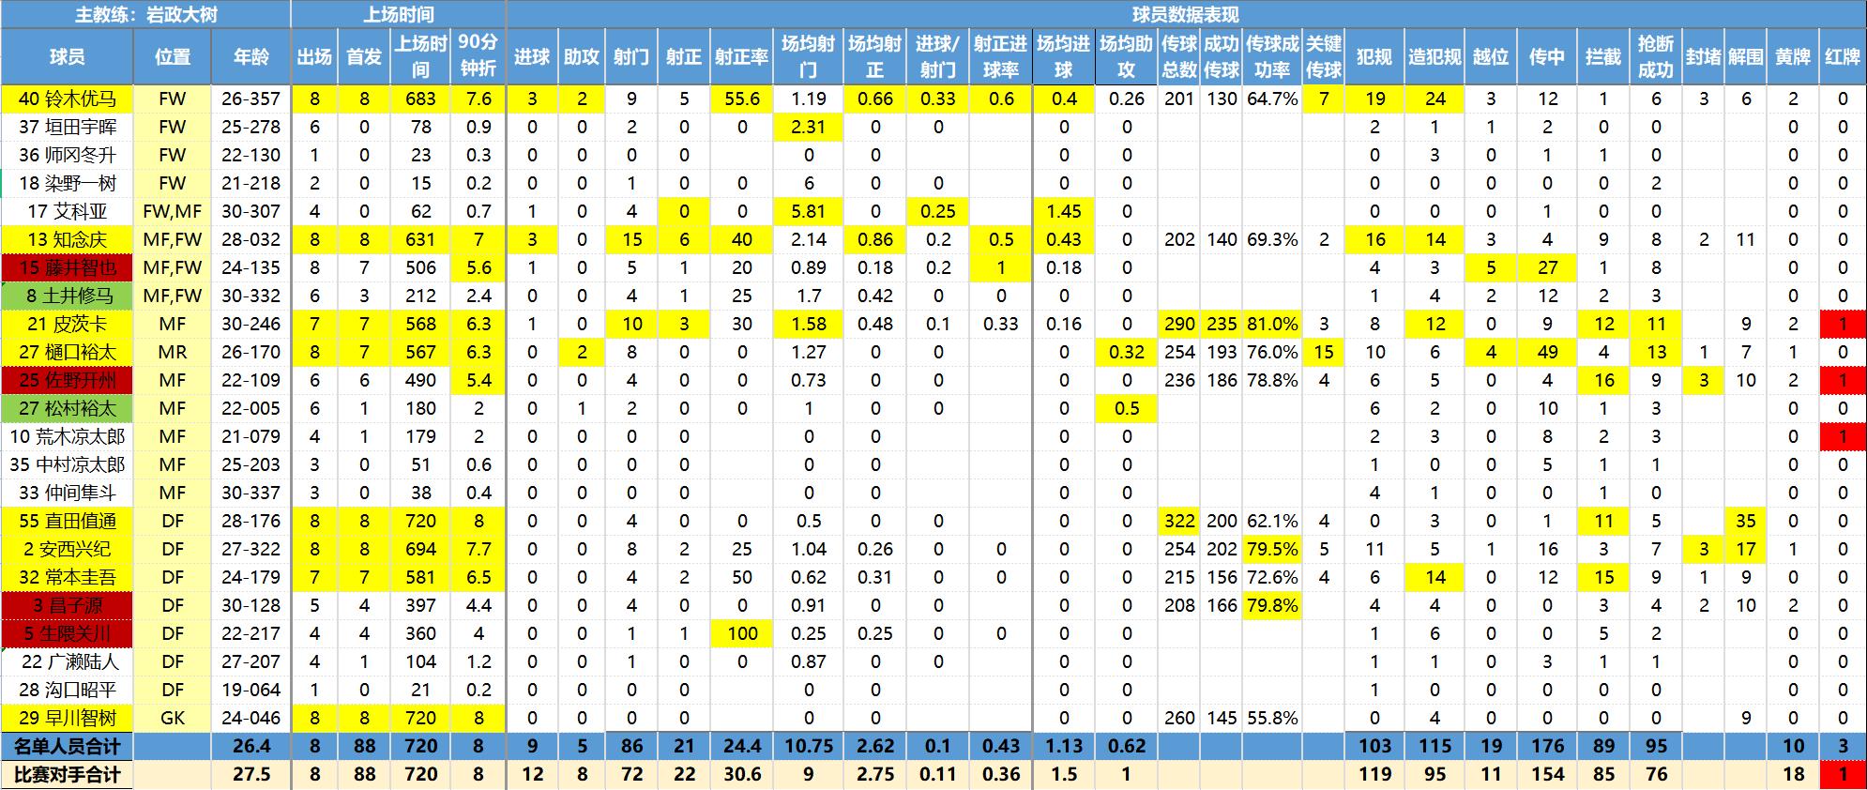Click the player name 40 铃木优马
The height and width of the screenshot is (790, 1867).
[x=67, y=99]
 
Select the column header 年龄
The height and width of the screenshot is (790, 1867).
[x=250, y=56]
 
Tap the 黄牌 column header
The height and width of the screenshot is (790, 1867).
[x=1793, y=56]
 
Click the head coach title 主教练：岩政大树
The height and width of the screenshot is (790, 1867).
[x=145, y=15]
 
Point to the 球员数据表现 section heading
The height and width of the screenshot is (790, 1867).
[x=1185, y=15]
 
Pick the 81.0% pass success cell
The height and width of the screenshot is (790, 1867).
[x=1272, y=324]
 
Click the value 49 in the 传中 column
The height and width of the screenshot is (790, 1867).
[x=1547, y=352]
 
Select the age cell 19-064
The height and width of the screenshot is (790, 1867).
[x=250, y=690]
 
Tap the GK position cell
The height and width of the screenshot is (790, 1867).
[x=173, y=718]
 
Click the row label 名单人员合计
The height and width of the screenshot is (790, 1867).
[x=67, y=746]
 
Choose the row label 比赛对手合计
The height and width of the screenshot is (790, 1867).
[x=67, y=774]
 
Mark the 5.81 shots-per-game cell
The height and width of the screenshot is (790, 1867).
[x=808, y=211]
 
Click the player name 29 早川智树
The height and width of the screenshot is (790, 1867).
[x=67, y=718]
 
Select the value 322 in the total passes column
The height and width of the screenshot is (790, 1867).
[x=1179, y=521]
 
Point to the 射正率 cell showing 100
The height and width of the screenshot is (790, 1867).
[x=741, y=633]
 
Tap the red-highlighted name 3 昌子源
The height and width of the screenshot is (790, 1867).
[x=67, y=605]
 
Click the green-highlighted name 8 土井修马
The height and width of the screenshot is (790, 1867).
[x=67, y=296]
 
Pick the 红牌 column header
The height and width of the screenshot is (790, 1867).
[x=1843, y=56]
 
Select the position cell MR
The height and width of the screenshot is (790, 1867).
[x=173, y=352]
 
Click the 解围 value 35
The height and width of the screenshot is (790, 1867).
[x=1745, y=521]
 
